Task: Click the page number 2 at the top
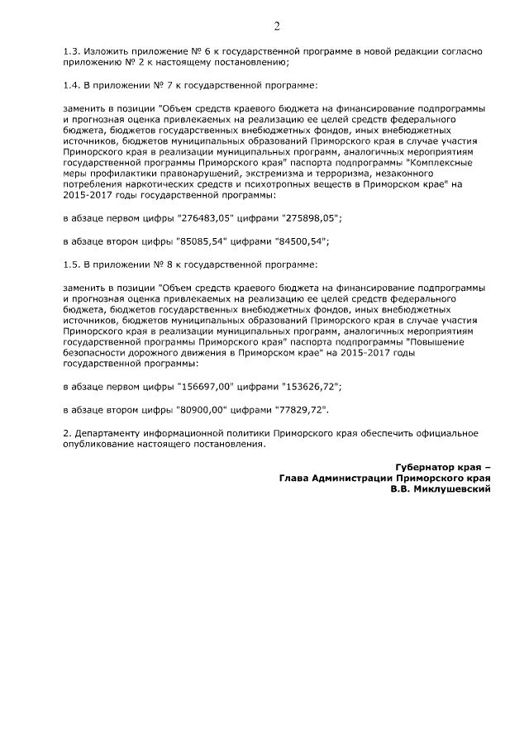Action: [277, 26]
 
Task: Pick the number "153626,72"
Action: [309, 386]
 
